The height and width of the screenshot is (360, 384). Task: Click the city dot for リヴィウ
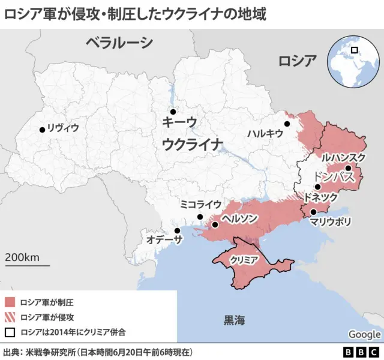42,129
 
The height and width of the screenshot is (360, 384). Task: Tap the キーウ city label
179,122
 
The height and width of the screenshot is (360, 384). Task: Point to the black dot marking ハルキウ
287,124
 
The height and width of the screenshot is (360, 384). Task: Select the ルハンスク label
343,157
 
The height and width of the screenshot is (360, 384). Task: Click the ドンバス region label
335,177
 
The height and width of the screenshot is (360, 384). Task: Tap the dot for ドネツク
317,187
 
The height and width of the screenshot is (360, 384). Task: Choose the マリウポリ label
331,221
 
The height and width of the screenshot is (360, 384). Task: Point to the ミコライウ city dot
200,217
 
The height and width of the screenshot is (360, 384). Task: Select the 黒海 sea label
234,320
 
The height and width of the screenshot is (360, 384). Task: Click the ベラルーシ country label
119,43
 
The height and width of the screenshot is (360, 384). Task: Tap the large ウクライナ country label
193,144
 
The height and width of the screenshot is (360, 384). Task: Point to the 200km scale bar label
22,257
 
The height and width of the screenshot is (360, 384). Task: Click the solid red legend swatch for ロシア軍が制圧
10,302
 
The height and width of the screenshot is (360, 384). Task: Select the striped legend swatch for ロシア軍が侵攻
10,317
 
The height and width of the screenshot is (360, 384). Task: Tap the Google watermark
364,334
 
